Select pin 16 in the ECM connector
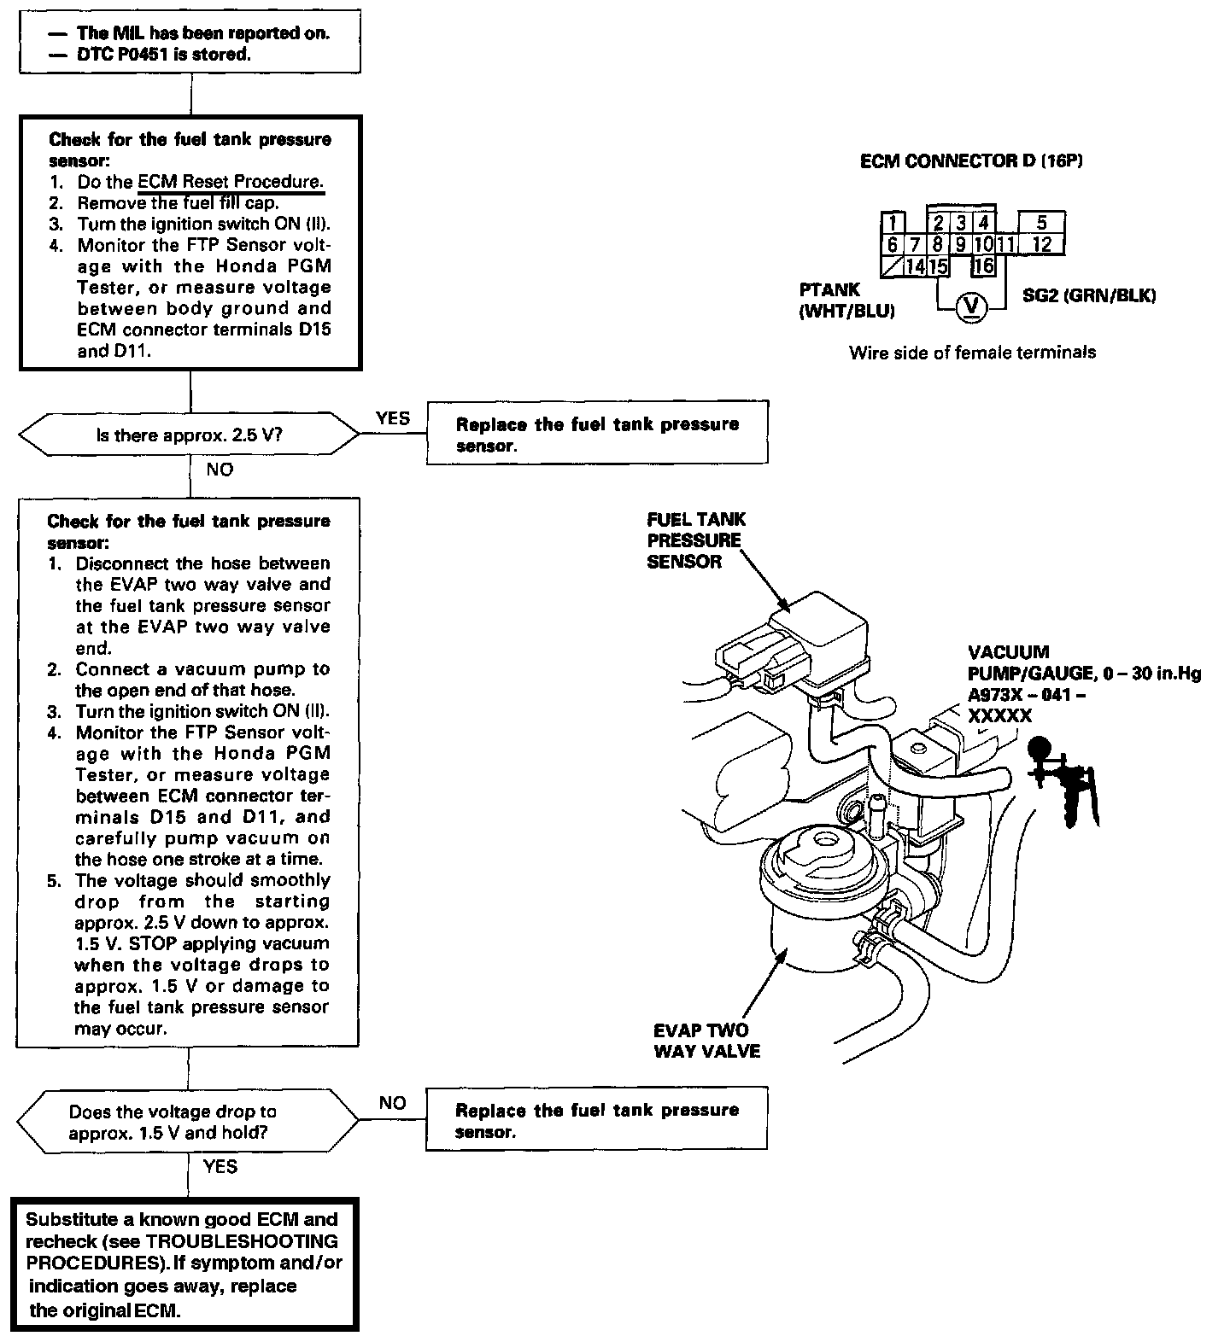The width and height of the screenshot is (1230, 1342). click(984, 266)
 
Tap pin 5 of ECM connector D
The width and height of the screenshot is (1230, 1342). click(1041, 224)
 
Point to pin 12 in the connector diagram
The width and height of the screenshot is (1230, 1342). click(1041, 245)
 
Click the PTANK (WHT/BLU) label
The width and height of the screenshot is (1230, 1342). click(846, 301)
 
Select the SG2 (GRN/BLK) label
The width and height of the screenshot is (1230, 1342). click(1088, 296)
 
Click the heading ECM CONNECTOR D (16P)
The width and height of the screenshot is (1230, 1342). click(971, 160)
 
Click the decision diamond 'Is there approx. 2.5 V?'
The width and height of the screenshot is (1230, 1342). click(190, 435)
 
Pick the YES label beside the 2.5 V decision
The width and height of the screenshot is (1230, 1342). click(392, 418)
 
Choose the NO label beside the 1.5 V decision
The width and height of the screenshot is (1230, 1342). click(392, 1103)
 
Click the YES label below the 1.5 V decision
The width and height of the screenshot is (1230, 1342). click(220, 1166)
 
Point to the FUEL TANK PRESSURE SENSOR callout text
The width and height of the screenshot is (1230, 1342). click(695, 540)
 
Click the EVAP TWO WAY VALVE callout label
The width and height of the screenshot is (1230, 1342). click(706, 1041)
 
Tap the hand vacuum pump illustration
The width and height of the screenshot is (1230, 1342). click(1063, 781)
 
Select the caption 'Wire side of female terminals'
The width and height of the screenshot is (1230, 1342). click(972, 352)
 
